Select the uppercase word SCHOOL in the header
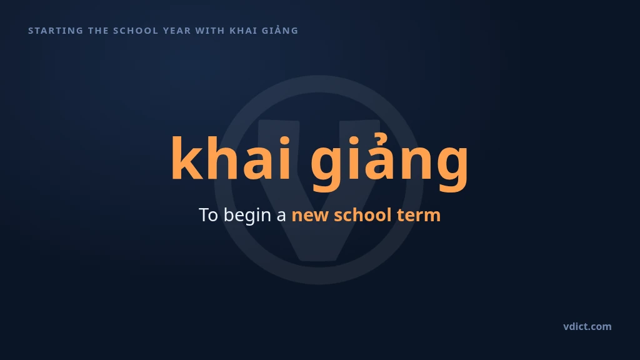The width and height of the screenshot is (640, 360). tap(136, 31)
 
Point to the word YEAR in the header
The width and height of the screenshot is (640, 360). tap(177, 31)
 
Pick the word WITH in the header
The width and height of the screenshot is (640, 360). tap(210, 31)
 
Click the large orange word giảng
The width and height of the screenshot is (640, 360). tap(389, 162)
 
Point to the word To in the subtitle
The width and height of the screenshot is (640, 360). tap(208, 215)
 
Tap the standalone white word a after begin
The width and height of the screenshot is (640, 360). tap(281, 217)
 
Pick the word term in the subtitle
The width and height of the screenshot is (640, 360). tap(419, 216)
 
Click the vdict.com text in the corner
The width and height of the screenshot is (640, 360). tap(587, 326)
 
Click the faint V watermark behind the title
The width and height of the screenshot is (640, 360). tap(319, 245)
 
